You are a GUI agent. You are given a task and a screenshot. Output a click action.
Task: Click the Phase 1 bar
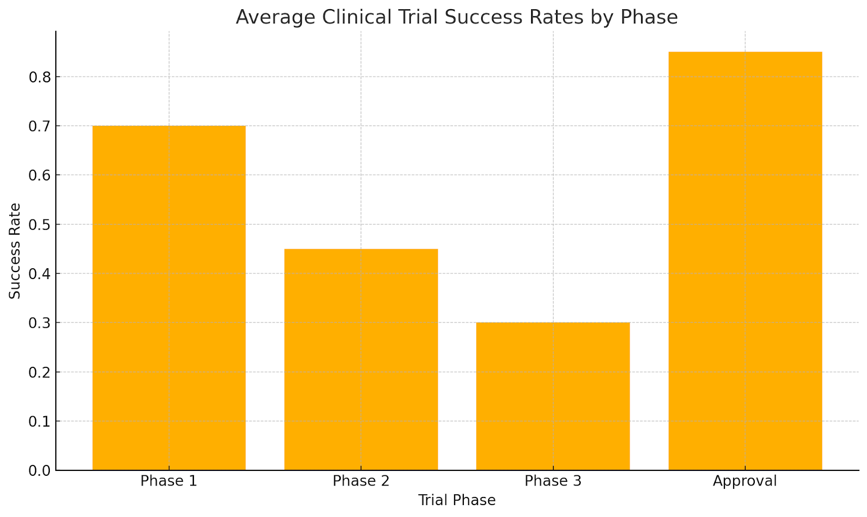[169, 298]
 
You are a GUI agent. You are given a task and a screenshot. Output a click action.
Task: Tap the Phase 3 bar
[553, 396]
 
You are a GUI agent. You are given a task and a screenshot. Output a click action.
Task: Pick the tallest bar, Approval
[745, 261]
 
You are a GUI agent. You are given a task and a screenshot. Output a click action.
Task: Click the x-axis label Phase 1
[169, 481]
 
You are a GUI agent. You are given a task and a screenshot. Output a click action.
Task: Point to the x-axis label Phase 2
[361, 481]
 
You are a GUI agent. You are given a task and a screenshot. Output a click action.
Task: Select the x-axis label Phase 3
[553, 481]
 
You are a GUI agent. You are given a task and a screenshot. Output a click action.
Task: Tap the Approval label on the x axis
[745, 481]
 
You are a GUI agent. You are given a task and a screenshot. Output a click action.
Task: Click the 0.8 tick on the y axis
[40, 77]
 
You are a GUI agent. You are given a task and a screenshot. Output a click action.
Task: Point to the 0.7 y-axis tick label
[40, 126]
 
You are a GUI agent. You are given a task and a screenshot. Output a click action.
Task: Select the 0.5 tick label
[40, 224]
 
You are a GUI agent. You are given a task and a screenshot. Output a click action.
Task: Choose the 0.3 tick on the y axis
[40, 323]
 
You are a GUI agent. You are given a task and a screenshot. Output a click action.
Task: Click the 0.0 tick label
[40, 470]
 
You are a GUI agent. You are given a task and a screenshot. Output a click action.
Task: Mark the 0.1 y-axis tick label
[40, 421]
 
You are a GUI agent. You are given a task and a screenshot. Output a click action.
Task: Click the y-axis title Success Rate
[15, 250]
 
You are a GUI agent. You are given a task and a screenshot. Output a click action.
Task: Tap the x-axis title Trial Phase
[456, 500]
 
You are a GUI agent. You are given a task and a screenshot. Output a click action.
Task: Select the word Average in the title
[275, 17]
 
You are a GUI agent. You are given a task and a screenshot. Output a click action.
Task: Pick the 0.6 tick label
[40, 175]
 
